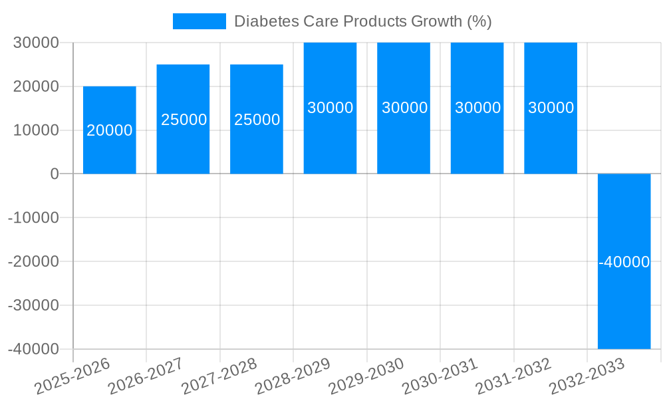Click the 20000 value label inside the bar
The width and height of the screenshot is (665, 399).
110,130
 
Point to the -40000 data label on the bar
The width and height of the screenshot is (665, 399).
624,262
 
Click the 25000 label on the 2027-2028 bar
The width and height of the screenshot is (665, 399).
257,120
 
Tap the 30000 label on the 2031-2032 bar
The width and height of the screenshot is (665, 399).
551,108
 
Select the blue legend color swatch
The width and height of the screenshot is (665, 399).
199,21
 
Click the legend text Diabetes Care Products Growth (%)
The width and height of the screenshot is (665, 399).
362,21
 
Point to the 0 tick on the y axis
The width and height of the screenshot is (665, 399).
54,174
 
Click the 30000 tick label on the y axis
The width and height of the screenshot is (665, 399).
37,43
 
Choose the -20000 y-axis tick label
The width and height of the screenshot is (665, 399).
34,261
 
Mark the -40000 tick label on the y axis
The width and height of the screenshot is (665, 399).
34,349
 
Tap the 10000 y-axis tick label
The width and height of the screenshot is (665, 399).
37,130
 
